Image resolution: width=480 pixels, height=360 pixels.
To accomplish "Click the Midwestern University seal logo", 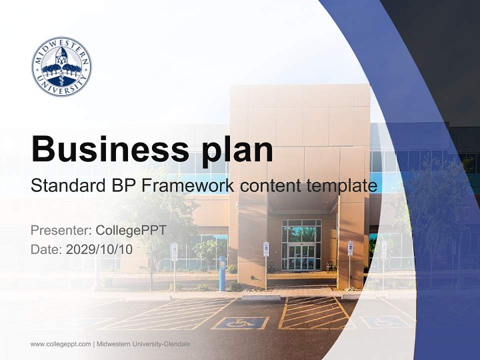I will (61, 66).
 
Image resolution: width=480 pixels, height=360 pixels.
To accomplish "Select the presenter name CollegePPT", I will (131, 230).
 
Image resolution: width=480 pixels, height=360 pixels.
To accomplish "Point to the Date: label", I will (46, 249).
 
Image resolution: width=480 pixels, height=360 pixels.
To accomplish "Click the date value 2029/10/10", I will (99, 249).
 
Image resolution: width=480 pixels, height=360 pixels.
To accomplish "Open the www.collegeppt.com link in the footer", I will (60, 344).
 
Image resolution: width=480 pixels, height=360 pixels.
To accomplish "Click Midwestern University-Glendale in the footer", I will (143, 344).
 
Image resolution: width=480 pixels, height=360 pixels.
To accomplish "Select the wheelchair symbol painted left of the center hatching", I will (240, 323).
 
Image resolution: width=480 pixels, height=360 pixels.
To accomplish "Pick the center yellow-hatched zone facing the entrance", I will (314, 313).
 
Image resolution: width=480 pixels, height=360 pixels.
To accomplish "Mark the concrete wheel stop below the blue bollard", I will (261, 297).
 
